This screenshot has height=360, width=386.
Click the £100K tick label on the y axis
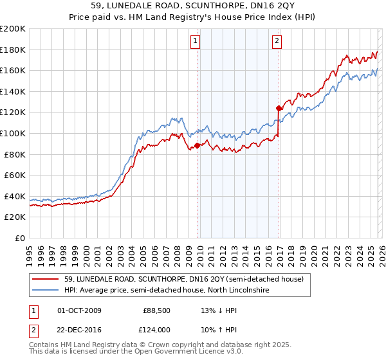tap(13, 133)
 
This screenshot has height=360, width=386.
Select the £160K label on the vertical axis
tap(13, 70)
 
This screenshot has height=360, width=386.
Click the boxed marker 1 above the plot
tap(196, 42)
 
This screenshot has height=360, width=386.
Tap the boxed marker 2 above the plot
tap(277, 42)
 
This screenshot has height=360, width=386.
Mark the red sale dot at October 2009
tap(197, 145)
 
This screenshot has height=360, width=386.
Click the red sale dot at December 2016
tap(279, 108)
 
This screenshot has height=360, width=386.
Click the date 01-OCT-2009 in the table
tap(79, 310)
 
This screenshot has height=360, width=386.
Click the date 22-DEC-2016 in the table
tap(79, 329)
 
